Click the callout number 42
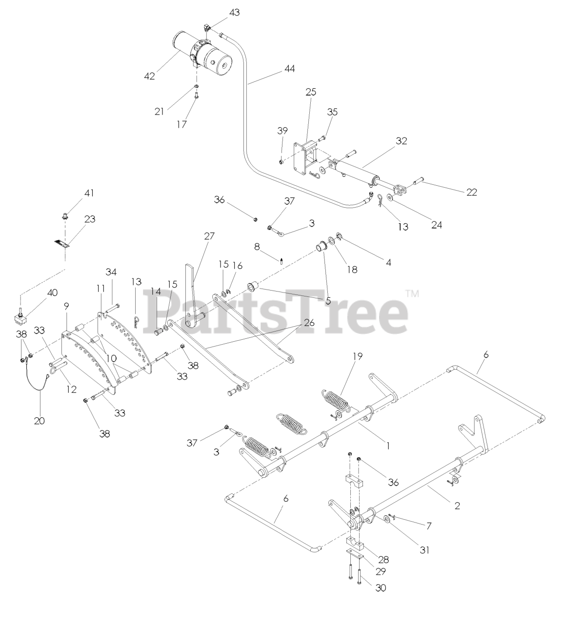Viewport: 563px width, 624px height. pos(149,76)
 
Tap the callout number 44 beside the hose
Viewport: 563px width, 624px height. pos(289,69)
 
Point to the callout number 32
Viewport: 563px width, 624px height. pos(402,141)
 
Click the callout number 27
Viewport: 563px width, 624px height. pos(209,236)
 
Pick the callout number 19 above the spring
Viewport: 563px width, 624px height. pos(357,356)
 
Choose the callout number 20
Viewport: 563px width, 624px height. pos(39,420)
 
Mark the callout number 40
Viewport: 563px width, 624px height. pos(52,292)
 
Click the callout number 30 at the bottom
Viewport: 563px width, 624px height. pos(381,588)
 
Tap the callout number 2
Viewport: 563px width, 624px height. pos(457,506)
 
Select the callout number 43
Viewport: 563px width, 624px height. pos(234,12)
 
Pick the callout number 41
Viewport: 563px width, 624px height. pos(89,193)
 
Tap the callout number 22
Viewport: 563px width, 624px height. pos(471,192)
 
